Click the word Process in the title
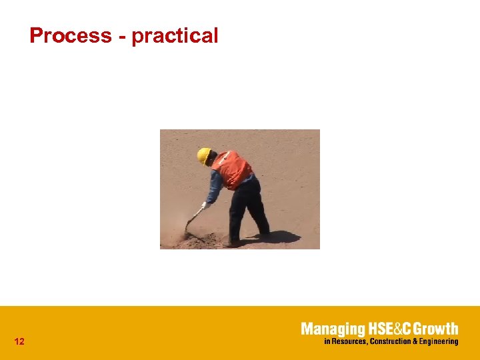[70, 35]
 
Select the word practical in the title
[175, 36]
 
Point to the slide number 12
[19, 342]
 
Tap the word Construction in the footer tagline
[392, 341]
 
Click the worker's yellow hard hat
[203, 155]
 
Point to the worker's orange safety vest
[232, 169]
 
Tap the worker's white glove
[206, 205]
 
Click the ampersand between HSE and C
[393, 329]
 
